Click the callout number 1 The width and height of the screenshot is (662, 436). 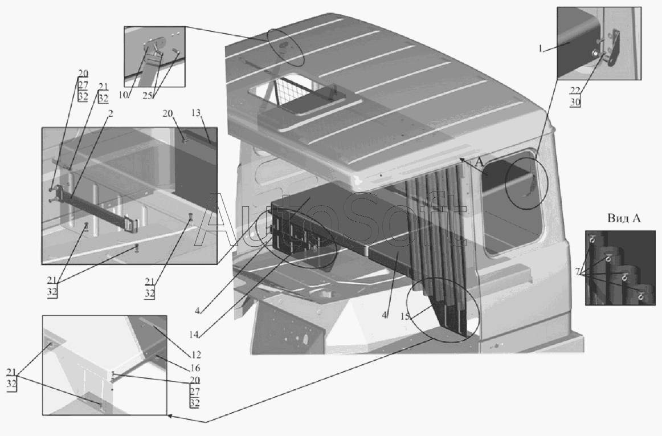(541, 48)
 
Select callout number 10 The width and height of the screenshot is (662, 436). (122, 95)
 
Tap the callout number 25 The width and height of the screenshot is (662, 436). (148, 96)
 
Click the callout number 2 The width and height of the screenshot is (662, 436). (110, 113)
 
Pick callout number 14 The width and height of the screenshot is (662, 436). (194, 334)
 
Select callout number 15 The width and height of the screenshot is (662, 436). (405, 316)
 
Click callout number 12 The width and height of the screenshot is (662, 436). (195, 355)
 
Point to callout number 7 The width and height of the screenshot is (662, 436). (578, 272)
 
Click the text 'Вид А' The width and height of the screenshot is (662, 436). (624, 218)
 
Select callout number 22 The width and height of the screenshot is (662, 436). (575, 91)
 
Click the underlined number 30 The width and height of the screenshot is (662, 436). (575, 102)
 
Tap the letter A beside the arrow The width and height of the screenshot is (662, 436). (479, 162)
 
